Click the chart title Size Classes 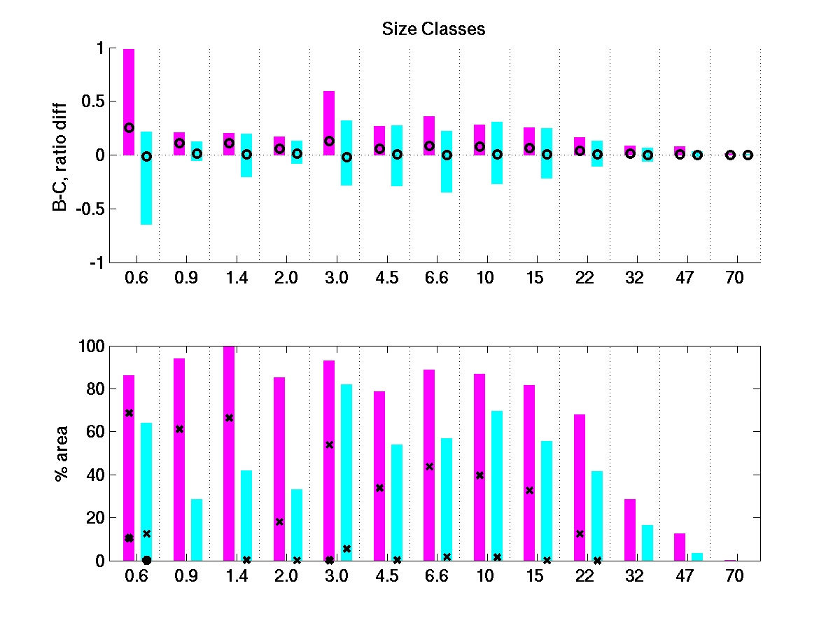coord(433,29)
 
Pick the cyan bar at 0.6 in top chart coord(146,189)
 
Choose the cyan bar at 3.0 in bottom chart coord(346,472)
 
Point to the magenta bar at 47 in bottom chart coord(680,547)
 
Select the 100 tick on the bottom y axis coord(94,346)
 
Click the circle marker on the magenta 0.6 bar coord(129,128)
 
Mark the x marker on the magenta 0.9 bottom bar coord(179,428)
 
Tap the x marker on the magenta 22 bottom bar coord(580,533)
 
